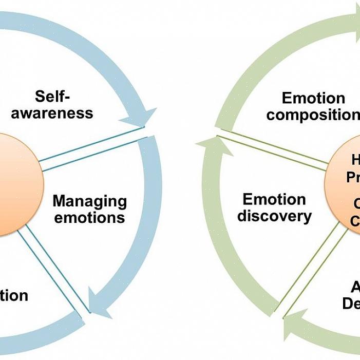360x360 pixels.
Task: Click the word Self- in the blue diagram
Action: tap(52, 96)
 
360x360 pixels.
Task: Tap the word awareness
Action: tap(52, 113)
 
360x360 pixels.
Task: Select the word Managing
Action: tap(90, 201)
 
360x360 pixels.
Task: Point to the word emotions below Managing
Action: tap(90, 217)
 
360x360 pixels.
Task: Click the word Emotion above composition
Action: tap(313, 98)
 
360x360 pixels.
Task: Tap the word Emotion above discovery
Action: tap(274, 199)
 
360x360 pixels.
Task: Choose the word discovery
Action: tap(274, 216)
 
